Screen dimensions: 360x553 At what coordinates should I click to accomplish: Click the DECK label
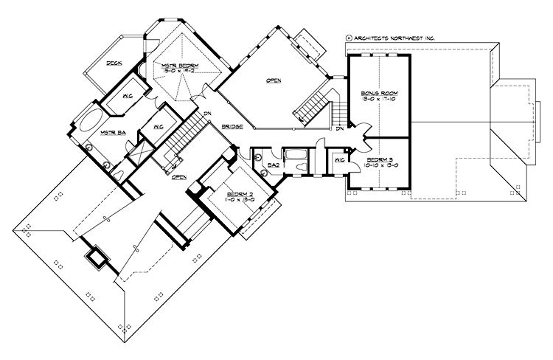114,64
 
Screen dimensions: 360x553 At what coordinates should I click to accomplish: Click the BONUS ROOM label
377,94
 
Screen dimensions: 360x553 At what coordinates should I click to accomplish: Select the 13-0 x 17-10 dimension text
377,101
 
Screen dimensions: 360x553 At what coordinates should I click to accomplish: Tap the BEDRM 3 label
378,159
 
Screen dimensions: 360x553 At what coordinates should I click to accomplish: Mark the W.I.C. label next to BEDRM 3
340,160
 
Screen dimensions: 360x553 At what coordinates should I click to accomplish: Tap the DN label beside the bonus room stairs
340,129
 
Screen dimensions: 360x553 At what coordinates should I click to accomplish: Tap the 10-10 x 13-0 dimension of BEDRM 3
378,166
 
